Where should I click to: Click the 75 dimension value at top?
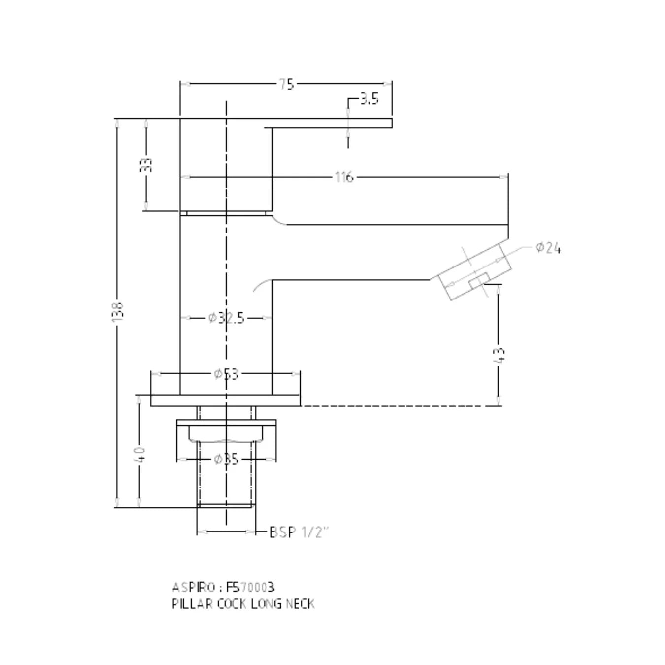tap(286, 84)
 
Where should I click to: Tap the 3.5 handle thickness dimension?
tap(369, 99)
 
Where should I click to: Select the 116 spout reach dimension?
tap(344, 177)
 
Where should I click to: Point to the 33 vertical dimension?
tap(146, 165)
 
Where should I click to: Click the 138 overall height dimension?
tap(118, 312)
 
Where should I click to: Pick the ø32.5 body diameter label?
tap(226, 318)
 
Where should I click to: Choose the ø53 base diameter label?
tap(226, 374)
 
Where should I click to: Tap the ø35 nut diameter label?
tap(226, 460)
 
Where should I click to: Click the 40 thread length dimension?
tap(139, 454)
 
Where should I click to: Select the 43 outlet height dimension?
tap(499, 354)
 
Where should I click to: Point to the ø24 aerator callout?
tap(548, 248)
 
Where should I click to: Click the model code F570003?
tap(250, 587)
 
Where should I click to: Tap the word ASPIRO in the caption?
tap(194, 587)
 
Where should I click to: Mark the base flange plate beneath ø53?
tap(226, 400)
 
